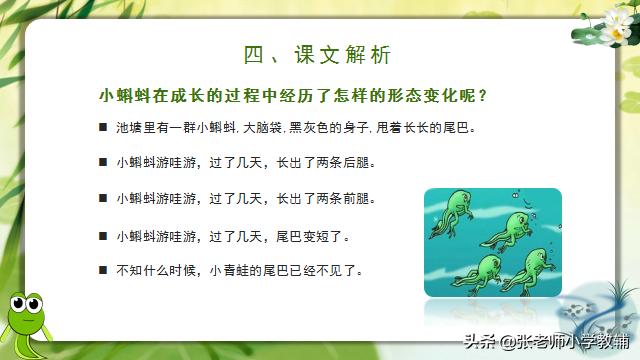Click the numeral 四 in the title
click(255, 53)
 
